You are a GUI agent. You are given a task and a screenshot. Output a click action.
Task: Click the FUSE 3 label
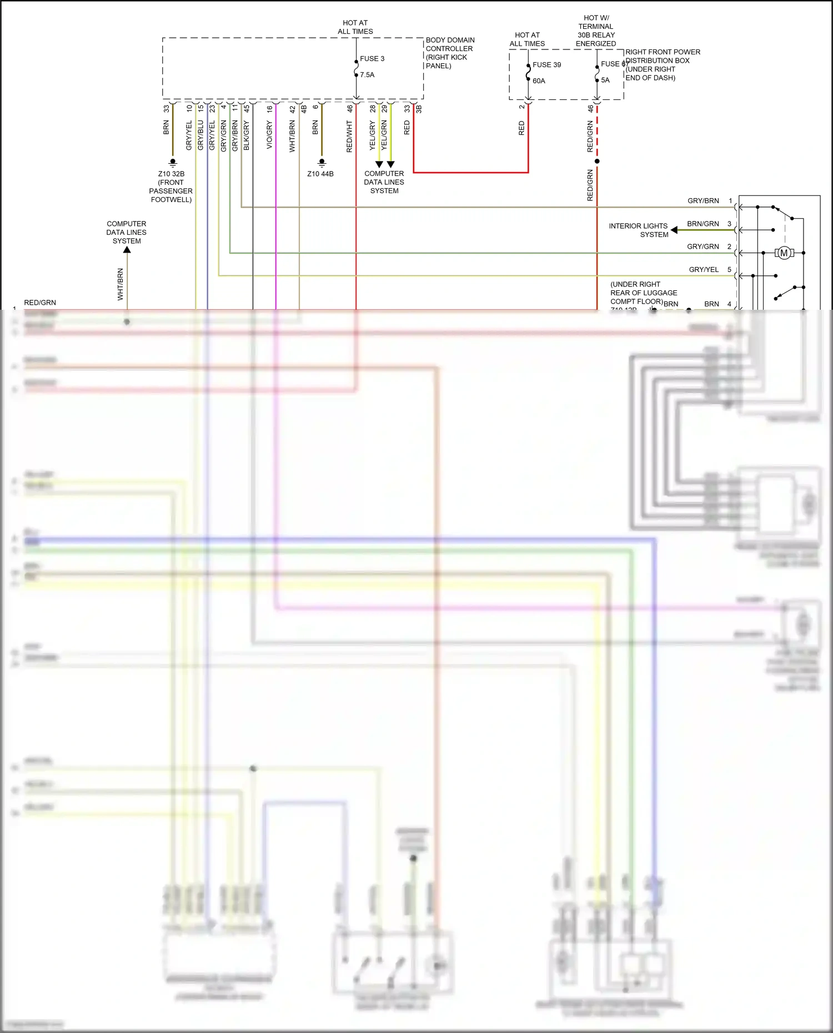click(372, 59)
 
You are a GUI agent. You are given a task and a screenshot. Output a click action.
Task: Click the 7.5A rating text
click(367, 75)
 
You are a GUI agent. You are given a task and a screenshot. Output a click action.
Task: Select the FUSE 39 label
click(546, 65)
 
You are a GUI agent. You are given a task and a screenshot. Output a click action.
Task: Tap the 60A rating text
click(539, 81)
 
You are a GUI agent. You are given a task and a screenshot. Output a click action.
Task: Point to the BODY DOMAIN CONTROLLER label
click(449, 53)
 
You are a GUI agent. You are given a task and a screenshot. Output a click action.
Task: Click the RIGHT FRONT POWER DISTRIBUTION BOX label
click(662, 65)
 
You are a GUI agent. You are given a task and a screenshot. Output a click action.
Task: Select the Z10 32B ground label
click(171, 187)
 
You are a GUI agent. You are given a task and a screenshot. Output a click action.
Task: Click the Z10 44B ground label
click(320, 174)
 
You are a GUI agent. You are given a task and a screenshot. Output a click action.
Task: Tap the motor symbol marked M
click(784, 253)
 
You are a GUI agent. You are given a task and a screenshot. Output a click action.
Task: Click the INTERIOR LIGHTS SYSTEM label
click(639, 230)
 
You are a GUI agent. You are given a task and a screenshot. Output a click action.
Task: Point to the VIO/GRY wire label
click(270, 135)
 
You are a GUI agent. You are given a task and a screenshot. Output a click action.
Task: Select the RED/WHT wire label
click(349, 137)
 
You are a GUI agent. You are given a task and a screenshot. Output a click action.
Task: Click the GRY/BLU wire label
click(200, 135)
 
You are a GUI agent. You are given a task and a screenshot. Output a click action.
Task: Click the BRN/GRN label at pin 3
click(702, 224)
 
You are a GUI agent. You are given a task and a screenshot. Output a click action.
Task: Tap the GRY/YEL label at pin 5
click(704, 270)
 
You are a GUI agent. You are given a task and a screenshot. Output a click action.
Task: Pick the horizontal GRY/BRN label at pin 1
click(703, 201)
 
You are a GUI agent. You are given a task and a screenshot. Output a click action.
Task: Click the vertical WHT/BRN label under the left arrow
click(121, 284)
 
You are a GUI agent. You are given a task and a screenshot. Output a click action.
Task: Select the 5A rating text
click(605, 80)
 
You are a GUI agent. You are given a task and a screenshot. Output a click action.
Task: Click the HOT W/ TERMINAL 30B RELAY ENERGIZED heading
click(596, 31)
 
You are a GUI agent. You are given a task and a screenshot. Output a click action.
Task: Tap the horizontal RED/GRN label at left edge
click(40, 303)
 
